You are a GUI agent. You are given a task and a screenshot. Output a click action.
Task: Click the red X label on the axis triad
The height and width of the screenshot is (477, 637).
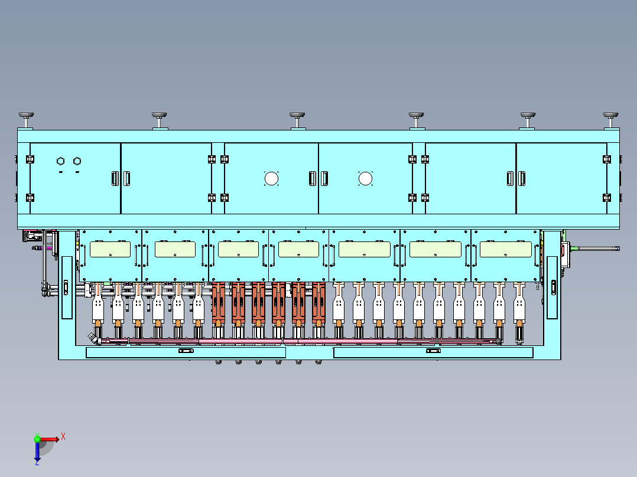tap(63, 437)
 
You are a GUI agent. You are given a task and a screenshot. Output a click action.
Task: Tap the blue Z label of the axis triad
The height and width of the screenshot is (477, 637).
tap(37, 462)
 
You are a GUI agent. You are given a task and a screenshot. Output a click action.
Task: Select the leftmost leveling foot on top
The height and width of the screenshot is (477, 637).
tap(27, 120)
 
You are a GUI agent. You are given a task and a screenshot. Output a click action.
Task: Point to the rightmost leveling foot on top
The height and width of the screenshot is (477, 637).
tap(610, 120)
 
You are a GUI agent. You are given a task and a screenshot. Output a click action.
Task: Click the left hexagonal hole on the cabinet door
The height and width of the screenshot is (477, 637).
tap(60, 161)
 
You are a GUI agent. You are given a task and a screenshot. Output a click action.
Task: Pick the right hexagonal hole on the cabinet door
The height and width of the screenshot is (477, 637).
tap(77, 161)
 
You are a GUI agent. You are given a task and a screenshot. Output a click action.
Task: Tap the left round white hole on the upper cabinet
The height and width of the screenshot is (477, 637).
tap(271, 179)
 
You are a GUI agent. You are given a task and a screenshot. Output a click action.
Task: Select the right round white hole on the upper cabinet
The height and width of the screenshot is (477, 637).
tap(365, 179)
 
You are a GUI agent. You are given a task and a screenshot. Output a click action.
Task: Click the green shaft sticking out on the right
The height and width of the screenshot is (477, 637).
tap(595, 249)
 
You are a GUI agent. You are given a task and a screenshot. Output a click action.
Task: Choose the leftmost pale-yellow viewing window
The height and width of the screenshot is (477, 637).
tap(110, 249)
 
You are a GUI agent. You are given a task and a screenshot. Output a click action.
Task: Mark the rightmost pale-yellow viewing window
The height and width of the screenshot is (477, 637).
tap(506, 249)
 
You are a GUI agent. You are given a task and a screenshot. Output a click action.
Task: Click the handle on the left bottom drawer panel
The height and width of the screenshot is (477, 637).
tap(186, 351)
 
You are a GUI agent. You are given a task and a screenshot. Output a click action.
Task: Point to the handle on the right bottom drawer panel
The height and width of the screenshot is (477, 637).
tap(433, 351)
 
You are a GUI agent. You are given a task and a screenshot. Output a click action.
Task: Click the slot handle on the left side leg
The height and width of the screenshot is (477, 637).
tap(66, 287)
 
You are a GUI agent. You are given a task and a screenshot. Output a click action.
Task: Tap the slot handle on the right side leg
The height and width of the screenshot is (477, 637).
tap(553, 287)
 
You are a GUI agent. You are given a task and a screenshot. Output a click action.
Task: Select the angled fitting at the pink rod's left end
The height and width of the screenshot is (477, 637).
tap(95, 338)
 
